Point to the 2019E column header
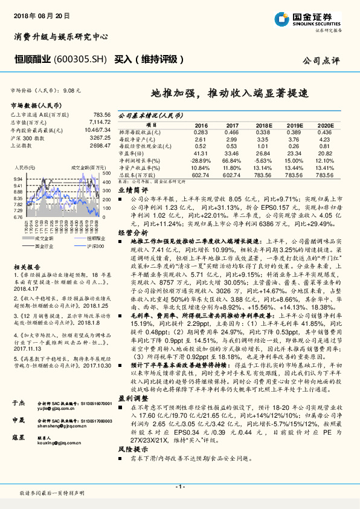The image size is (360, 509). tap(295, 126)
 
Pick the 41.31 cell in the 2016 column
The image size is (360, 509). tap(201, 154)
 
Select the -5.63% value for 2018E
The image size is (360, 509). tap(263, 161)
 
